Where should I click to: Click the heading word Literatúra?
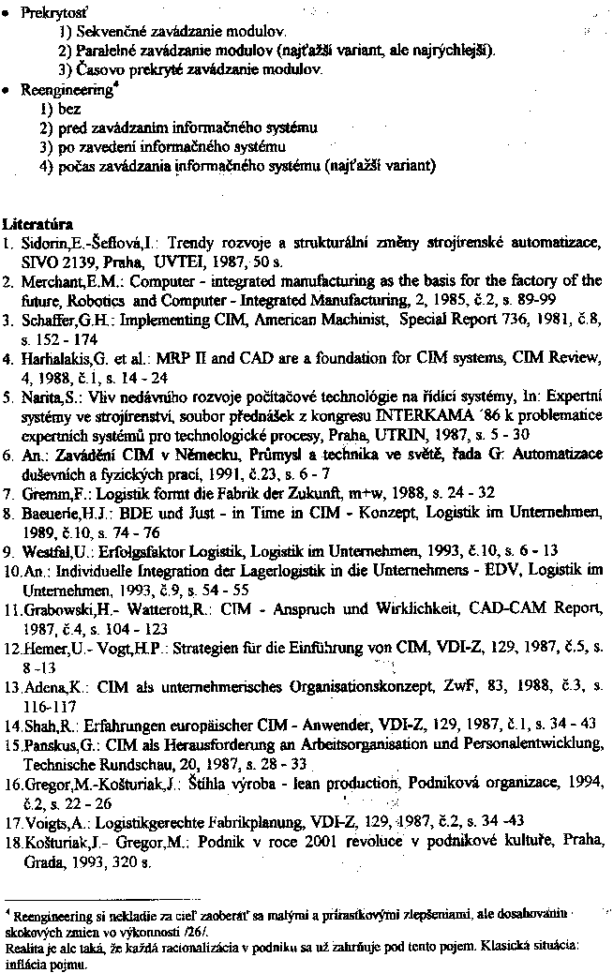[x=38, y=225]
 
